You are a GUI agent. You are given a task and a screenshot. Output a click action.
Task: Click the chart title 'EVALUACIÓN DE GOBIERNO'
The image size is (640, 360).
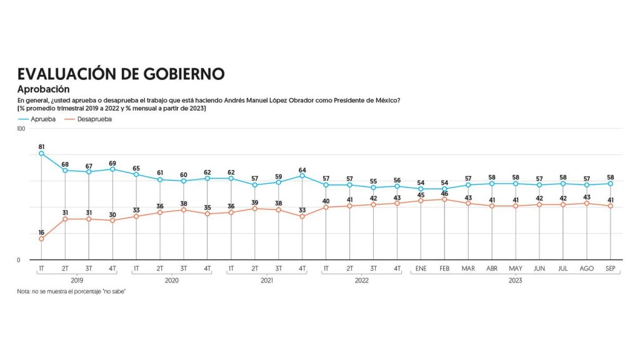pos(121,74)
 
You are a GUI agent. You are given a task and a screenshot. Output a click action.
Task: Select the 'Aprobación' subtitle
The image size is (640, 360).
pos(43,89)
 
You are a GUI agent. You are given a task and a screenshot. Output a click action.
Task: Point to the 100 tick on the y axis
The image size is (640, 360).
pos(21,129)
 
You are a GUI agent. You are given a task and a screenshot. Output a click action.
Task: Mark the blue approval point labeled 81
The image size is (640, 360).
pos(41,153)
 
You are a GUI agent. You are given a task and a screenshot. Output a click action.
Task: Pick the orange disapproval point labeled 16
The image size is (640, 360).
pos(41,239)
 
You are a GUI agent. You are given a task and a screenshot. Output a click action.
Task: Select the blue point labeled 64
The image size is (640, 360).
pos(302,176)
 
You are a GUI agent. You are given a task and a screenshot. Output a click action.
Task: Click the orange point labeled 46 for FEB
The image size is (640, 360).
pos(444,199)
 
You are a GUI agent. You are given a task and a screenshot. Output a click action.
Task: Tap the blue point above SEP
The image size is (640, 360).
pos(610,184)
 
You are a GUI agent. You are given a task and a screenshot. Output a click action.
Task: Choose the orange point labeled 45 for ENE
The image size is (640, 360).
pos(421,201)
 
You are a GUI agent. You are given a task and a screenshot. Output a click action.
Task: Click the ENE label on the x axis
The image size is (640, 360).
pos(421,268)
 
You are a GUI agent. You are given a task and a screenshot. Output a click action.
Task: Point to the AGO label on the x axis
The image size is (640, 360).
pos(586,268)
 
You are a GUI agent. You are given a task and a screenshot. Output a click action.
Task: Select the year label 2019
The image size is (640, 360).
pos(77,281)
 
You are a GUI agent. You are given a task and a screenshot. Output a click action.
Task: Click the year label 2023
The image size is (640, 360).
pos(515,281)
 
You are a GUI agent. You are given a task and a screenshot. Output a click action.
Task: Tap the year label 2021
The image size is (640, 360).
pos(267,281)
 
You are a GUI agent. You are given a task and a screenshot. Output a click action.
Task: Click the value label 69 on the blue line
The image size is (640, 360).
pos(112,162)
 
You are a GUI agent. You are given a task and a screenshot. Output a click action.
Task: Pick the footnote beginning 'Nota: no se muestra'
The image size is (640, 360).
pos(72,292)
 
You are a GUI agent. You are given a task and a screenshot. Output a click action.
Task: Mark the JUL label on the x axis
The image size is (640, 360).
pos(562,268)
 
